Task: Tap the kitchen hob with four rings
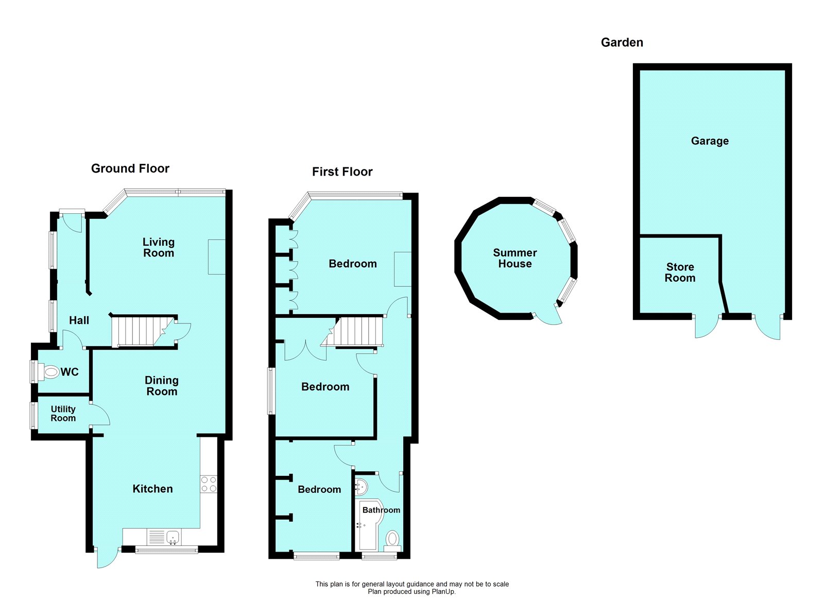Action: tap(209, 484)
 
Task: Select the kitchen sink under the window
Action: tap(173, 537)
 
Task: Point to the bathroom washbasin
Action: tap(362, 486)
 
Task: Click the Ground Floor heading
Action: tap(130, 168)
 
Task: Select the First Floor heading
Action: tap(342, 172)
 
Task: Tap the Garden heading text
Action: tap(622, 42)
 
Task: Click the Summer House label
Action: tap(514, 258)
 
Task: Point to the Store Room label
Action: tap(680, 272)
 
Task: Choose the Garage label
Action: tap(710, 141)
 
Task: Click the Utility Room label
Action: tap(63, 414)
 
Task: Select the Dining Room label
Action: tap(161, 386)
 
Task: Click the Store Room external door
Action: tap(706, 327)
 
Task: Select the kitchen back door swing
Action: tap(107, 558)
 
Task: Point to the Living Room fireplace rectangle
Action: tap(216, 256)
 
